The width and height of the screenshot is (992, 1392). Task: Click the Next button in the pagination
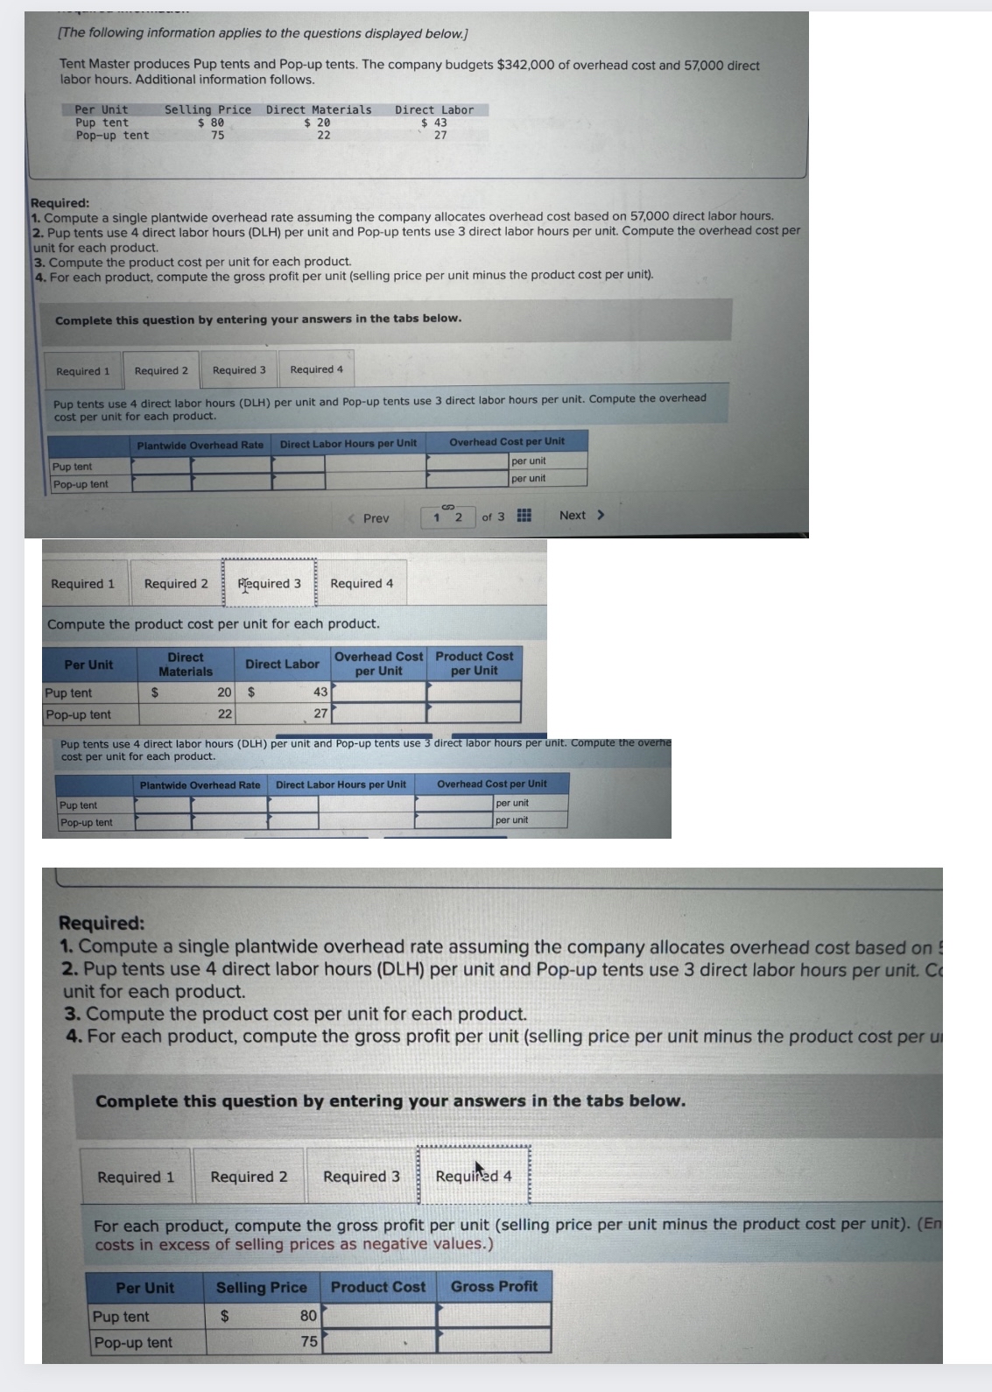(581, 515)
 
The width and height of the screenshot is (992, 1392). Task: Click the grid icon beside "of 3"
(524, 516)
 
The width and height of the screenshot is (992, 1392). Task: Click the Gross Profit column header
(494, 1286)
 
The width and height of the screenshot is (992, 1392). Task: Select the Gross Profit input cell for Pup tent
(494, 1315)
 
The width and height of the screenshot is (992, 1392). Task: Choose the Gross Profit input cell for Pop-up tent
(494, 1341)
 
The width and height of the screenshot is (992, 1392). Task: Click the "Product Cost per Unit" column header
(474, 664)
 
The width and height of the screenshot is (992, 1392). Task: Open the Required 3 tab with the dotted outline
(269, 583)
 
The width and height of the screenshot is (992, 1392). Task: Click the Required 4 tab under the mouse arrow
(474, 1177)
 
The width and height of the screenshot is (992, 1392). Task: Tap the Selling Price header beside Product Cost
(261, 1287)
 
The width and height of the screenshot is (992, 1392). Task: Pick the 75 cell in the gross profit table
(309, 1341)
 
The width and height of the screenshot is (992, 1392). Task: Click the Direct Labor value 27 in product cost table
(320, 714)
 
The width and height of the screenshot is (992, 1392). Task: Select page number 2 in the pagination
(458, 517)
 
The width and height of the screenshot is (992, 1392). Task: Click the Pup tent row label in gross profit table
(122, 1316)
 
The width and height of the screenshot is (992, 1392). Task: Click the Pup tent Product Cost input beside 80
(378, 1315)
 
